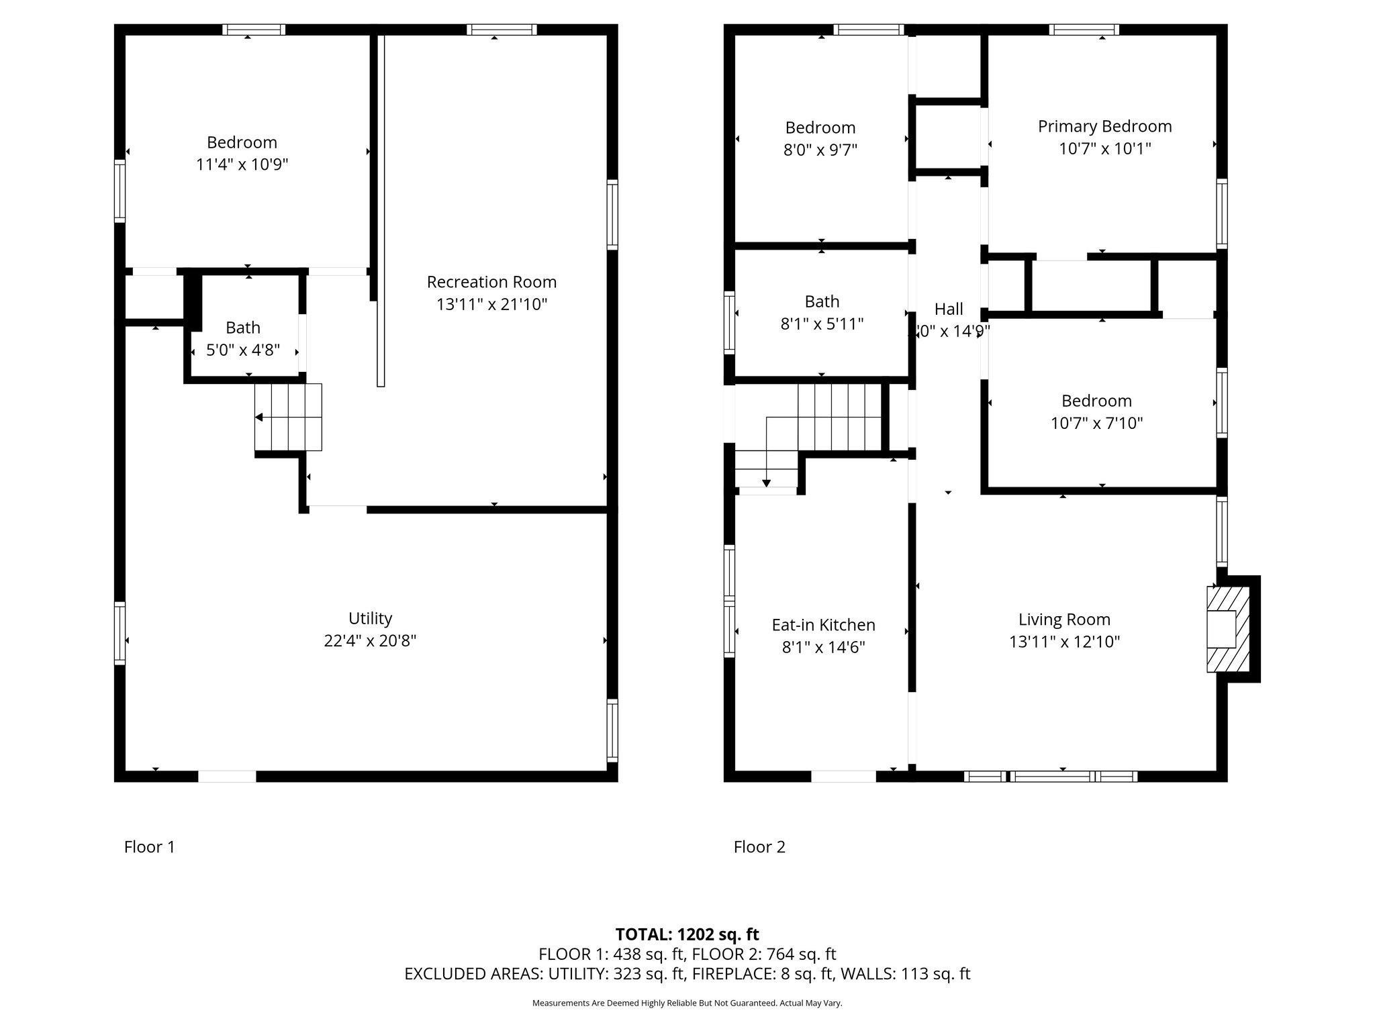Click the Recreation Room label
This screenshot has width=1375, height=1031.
pyautogui.click(x=491, y=282)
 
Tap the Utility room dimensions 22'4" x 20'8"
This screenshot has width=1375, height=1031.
pyautogui.click(x=370, y=641)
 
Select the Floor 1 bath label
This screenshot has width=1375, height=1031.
pyautogui.click(x=242, y=328)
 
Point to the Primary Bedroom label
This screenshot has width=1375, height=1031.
pyautogui.click(x=1104, y=126)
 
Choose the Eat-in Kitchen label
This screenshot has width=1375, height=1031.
pyautogui.click(x=823, y=625)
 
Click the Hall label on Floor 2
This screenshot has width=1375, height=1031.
pyautogui.click(x=949, y=309)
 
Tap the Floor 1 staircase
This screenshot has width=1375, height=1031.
pyautogui.click(x=288, y=417)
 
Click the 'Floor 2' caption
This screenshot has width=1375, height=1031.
pyautogui.click(x=759, y=847)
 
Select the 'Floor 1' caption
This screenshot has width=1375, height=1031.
pyautogui.click(x=150, y=847)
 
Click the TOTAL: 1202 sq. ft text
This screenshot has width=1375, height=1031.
pyautogui.click(x=687, y=934)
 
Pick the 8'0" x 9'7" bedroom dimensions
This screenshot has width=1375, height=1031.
pyautogui.click(x=820, y=150)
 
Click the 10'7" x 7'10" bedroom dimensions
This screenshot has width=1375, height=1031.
pyautogui.click(x=1096, y=424)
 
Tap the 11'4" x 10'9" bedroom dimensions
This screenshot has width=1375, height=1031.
pyautogui.click(x=242, y=165)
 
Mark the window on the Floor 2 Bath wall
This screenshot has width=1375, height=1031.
pyautogui.click(x=729, y=322)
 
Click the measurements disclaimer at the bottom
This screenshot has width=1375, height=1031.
pyautogui.click(x=687, y=1003)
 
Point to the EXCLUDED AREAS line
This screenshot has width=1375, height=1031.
pyautogui.click(x=687, y=974)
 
